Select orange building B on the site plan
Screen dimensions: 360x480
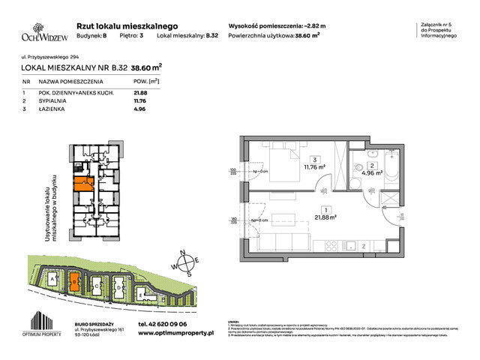(73, 282)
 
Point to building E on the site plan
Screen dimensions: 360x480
(142, 294)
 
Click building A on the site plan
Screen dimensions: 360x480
(52, 279)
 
